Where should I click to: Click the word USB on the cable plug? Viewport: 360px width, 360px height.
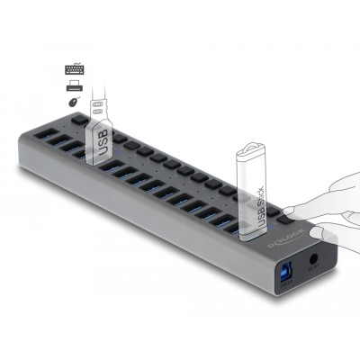coord(102,142)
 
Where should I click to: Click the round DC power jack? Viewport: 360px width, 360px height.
coord(313,264)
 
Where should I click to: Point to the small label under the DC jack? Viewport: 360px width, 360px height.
coord(313,280)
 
